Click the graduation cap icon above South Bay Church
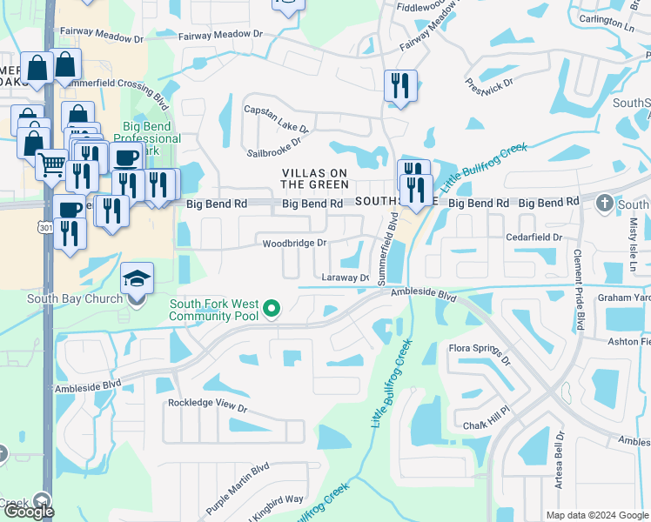137,279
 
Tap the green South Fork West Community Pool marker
272,309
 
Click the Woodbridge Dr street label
295,244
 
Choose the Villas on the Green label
315,178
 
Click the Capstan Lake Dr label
276,117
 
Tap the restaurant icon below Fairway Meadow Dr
400,85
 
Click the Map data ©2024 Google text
596,514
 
